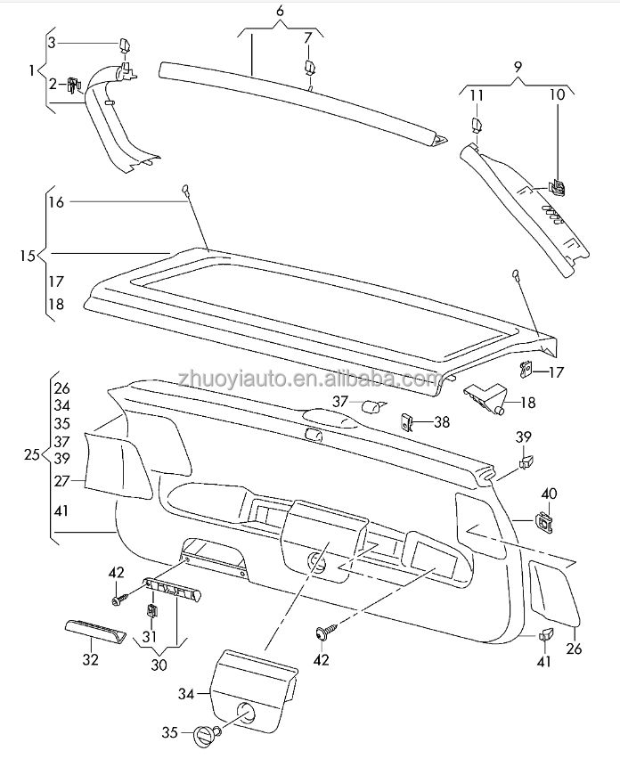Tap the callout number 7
coord(307,37)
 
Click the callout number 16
coord(56,202)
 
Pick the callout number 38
coord(443,422)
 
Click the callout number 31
coord(149,637)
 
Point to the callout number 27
coord(61,480)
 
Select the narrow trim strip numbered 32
coord(94,633)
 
